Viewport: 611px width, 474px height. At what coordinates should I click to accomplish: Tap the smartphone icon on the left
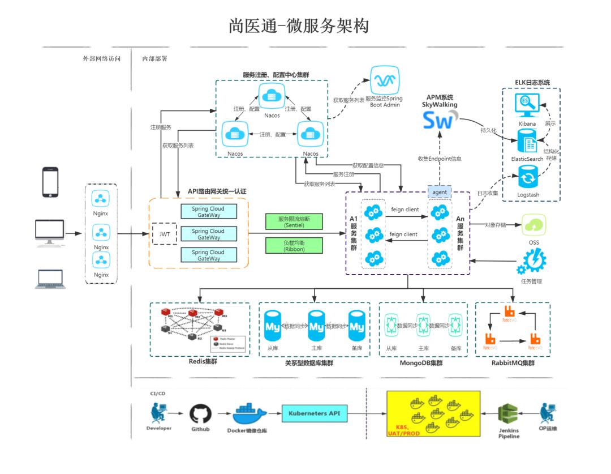(x=50, y=181)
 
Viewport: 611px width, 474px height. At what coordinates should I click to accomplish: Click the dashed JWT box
(x=165, y=233)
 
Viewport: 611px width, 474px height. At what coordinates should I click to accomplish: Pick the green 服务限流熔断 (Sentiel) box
(x=294, y=221)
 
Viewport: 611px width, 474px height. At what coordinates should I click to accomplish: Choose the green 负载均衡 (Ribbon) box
(x=294, y=245)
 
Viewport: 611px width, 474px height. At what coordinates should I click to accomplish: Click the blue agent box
(x=440, y=193)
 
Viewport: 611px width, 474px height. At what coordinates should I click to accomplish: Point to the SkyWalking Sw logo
(x=439, y=121)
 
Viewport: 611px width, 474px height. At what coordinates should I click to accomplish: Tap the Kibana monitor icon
(x=527, y=106)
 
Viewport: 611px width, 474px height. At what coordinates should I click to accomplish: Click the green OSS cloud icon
(x=534, y=226)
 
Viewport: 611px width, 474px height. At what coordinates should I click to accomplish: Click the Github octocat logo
(x=200, y=414)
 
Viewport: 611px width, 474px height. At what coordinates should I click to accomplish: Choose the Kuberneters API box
(x=314, y=413)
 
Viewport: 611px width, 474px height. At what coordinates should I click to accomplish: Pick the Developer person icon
(x=158, y=413)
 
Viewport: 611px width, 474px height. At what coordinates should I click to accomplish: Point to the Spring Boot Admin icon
(x=384, y=80)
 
